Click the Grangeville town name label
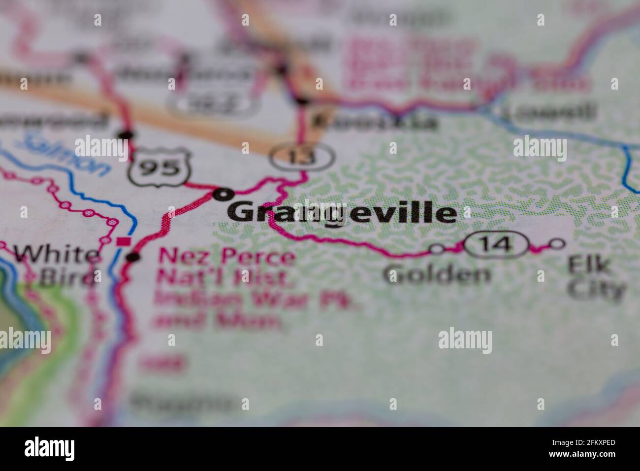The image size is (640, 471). tap(342, 213)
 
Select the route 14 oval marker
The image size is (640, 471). tap(496, 244)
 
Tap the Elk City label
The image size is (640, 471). tap(596, 278)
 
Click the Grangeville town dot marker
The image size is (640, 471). tap(222, 195)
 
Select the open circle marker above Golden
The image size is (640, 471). tap(436, 249)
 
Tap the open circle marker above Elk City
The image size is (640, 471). tap(557, 243)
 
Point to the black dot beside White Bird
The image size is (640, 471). tap(132, 257)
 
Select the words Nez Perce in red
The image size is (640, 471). tap(226, 258)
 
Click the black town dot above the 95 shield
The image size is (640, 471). tap(126, 134)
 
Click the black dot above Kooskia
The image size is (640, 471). tap(301, 101)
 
